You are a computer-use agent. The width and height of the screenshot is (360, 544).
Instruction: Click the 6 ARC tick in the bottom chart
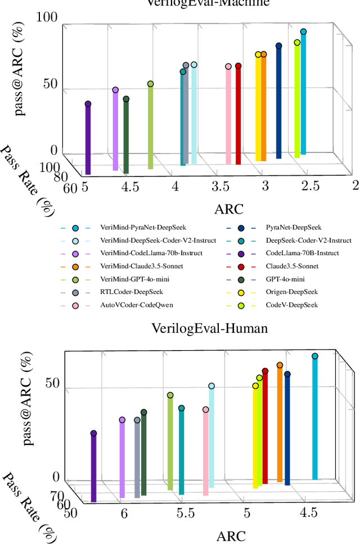tap(124, 513)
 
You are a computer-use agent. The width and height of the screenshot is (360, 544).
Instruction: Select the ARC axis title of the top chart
tap(229, 210)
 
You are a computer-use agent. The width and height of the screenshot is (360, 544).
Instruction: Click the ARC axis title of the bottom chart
tap(231, 536)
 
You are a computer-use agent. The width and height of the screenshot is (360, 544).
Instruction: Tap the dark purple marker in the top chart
tap(88, 104)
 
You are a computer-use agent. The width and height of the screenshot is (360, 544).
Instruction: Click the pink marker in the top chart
tap(228, 66)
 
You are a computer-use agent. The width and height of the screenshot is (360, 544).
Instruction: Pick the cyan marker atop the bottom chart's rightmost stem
tap(315, 356)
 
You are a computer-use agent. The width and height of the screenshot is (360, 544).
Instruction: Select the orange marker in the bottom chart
tap(280, 365)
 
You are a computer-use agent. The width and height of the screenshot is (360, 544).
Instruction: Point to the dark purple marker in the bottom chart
tap(93, 433)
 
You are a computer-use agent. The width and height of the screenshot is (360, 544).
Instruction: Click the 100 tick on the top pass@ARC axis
tap(47, 17)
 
